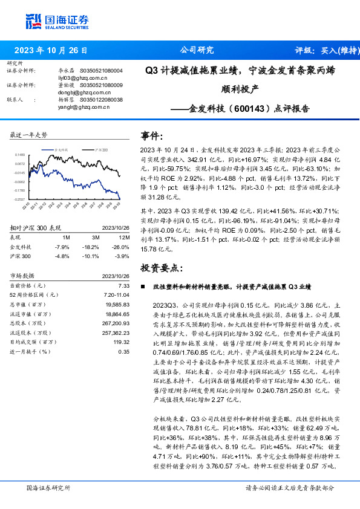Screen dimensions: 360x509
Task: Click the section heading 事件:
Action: pyautogui.click(x=152, y=136)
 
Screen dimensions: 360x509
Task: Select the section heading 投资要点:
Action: pyautogui.click(x=160, y=267)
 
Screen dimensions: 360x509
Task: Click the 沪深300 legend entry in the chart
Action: pyautogui.click(x=102, y=149)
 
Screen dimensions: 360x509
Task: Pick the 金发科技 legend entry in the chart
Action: pyautogui.click(x=64, y=149)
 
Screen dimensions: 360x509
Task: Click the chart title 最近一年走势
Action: pyautogui.click(x=29, y=135)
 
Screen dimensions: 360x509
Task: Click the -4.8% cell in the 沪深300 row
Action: pyautogui.click(x=62, y=256)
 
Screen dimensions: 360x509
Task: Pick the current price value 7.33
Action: pyautogui.click(x=123, y=285)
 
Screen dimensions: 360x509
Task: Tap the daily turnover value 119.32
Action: pyautogui.click(x=120, y=342)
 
